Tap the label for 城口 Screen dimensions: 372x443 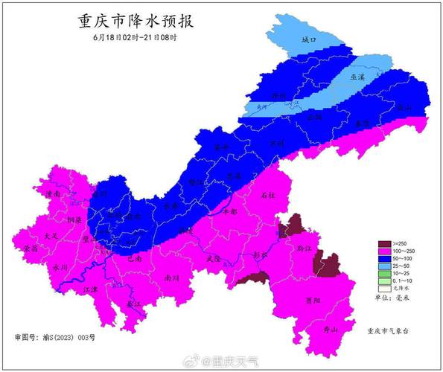click(309, 38)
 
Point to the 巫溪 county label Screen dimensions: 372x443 click(358, 77)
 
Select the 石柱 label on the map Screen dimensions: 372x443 click(269, 195)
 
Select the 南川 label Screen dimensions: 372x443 click(173, 278)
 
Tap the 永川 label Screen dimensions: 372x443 click(61, 266)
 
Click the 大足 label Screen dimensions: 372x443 click(50, 235)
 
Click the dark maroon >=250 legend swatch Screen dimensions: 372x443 click(385, 244)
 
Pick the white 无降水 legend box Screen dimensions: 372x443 click(385, 289)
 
